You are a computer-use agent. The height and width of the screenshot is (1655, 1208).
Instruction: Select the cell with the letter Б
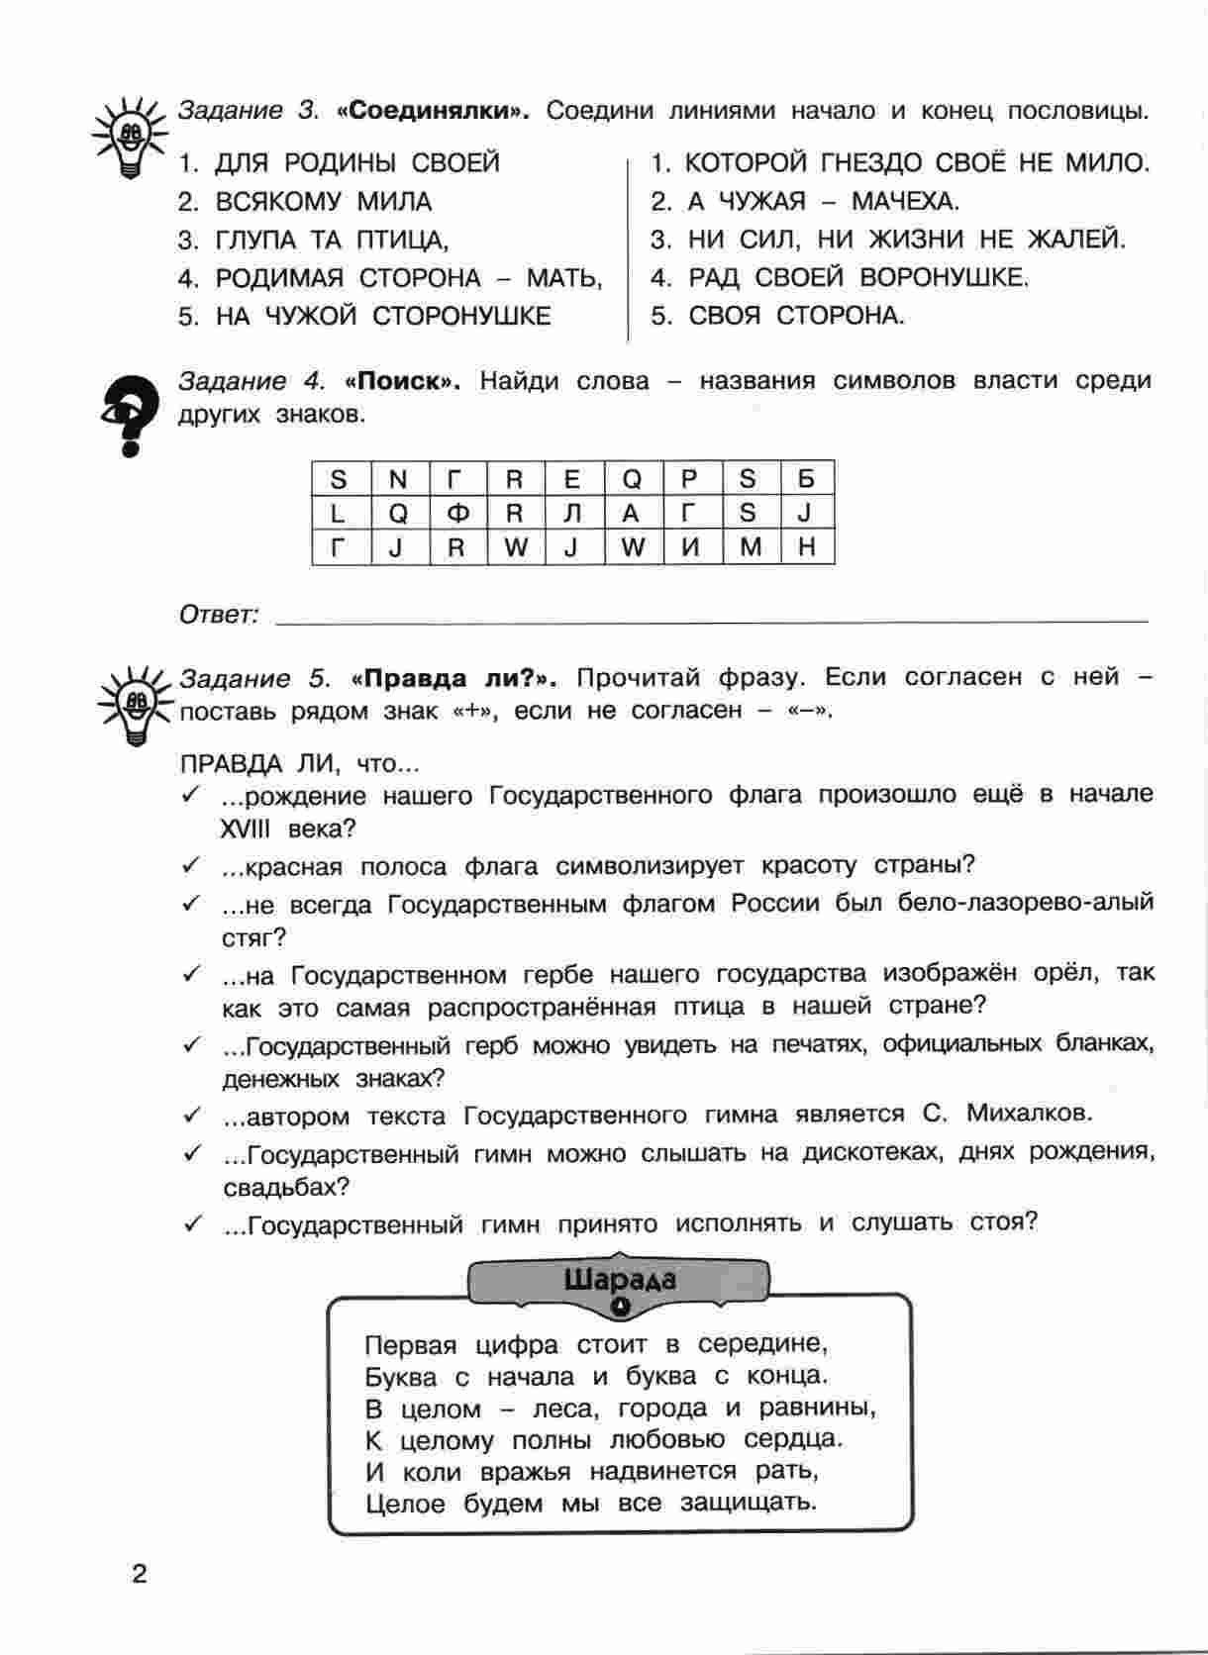(x=806, y=480)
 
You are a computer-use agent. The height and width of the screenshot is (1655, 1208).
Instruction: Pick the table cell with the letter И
(x=690, y=546)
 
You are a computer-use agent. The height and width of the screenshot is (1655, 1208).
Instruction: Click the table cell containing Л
(x=572, y=513)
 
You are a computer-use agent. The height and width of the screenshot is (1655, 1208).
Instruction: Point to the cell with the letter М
(x=750, y=546)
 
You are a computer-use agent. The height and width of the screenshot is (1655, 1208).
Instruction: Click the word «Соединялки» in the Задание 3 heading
(x=433, y=111)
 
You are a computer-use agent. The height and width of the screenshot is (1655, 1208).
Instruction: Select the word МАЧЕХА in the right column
(x=905, y=202)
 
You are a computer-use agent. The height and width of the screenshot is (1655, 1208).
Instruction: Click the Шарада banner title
(x=620, y=1280)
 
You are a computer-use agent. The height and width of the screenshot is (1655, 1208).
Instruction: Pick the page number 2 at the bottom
(x=139, y=1574)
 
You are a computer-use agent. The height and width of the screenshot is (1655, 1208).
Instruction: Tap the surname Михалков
(x=1030, y=1114)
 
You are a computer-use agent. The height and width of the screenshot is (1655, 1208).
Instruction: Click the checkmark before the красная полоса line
(x=190, y=865)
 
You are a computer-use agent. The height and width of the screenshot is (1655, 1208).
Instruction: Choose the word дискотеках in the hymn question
(x=871, y=1153)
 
